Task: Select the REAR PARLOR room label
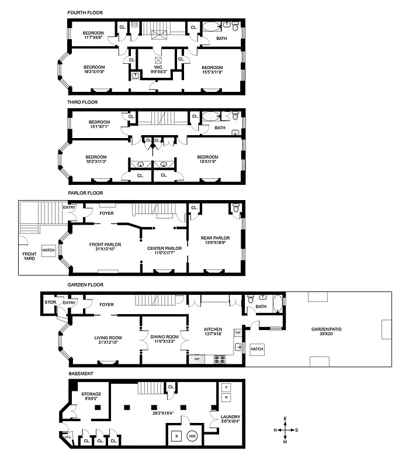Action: coord(216,240)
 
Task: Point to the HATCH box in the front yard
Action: coord(48,250)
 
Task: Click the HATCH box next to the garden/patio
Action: coord(257,349)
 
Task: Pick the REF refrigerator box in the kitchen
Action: coord(197,358)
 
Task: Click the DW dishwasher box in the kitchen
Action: coord(238,333)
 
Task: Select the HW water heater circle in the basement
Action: coord(192,436)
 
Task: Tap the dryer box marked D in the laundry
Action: coord(227,388)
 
